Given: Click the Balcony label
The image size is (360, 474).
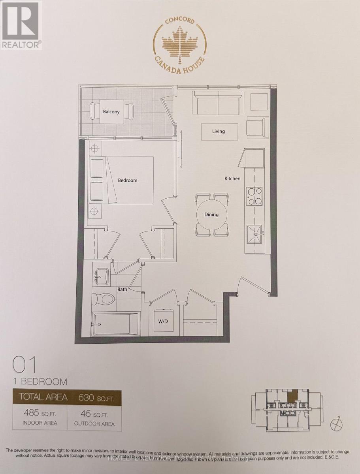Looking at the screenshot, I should [111, 112].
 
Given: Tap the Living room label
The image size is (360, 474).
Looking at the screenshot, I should [219, 132].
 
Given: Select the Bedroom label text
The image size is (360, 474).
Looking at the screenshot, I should [128, 181].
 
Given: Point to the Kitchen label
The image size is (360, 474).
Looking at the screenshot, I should [232, 179].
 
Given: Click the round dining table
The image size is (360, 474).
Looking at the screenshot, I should [211, 215].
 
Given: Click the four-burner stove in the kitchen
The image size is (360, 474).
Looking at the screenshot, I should [254, 196].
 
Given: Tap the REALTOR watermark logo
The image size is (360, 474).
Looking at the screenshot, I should [21, 25].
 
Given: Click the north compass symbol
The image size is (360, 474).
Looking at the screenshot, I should [336, 423].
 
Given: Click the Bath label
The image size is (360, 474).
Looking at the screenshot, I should [122, 290].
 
